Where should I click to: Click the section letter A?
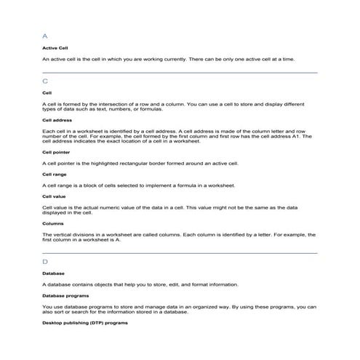click(x=46, y=35)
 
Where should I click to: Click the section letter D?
click(x=46, y=261)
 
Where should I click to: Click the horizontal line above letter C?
click(x=180, y=73)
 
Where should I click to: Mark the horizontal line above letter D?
click(x=180, y=252)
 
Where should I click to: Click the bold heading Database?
click(x=54, y=273)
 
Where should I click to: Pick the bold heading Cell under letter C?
click(x=47, y=93)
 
